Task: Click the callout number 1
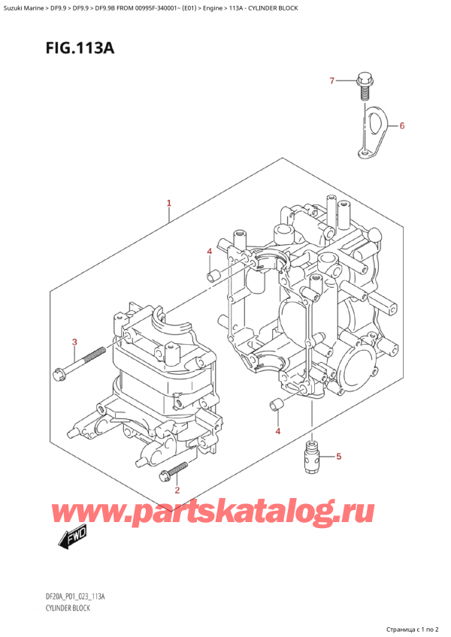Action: pyautogui.click(x=169, y=203)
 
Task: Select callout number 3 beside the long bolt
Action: pyautogui.click(x=74, y=343)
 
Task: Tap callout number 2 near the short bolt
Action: pyautogui.click(x=177, y=491)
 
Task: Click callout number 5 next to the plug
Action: pyautogui.click(x=338, y=456)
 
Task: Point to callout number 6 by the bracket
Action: pyautogui.click(x=401, y=125)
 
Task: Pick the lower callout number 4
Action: pyautogui.click(x=278, y=430)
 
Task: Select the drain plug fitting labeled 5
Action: pyautogui.click(x=310, y=454)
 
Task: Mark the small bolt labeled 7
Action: pyautogui.click(x=366, y=84)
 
